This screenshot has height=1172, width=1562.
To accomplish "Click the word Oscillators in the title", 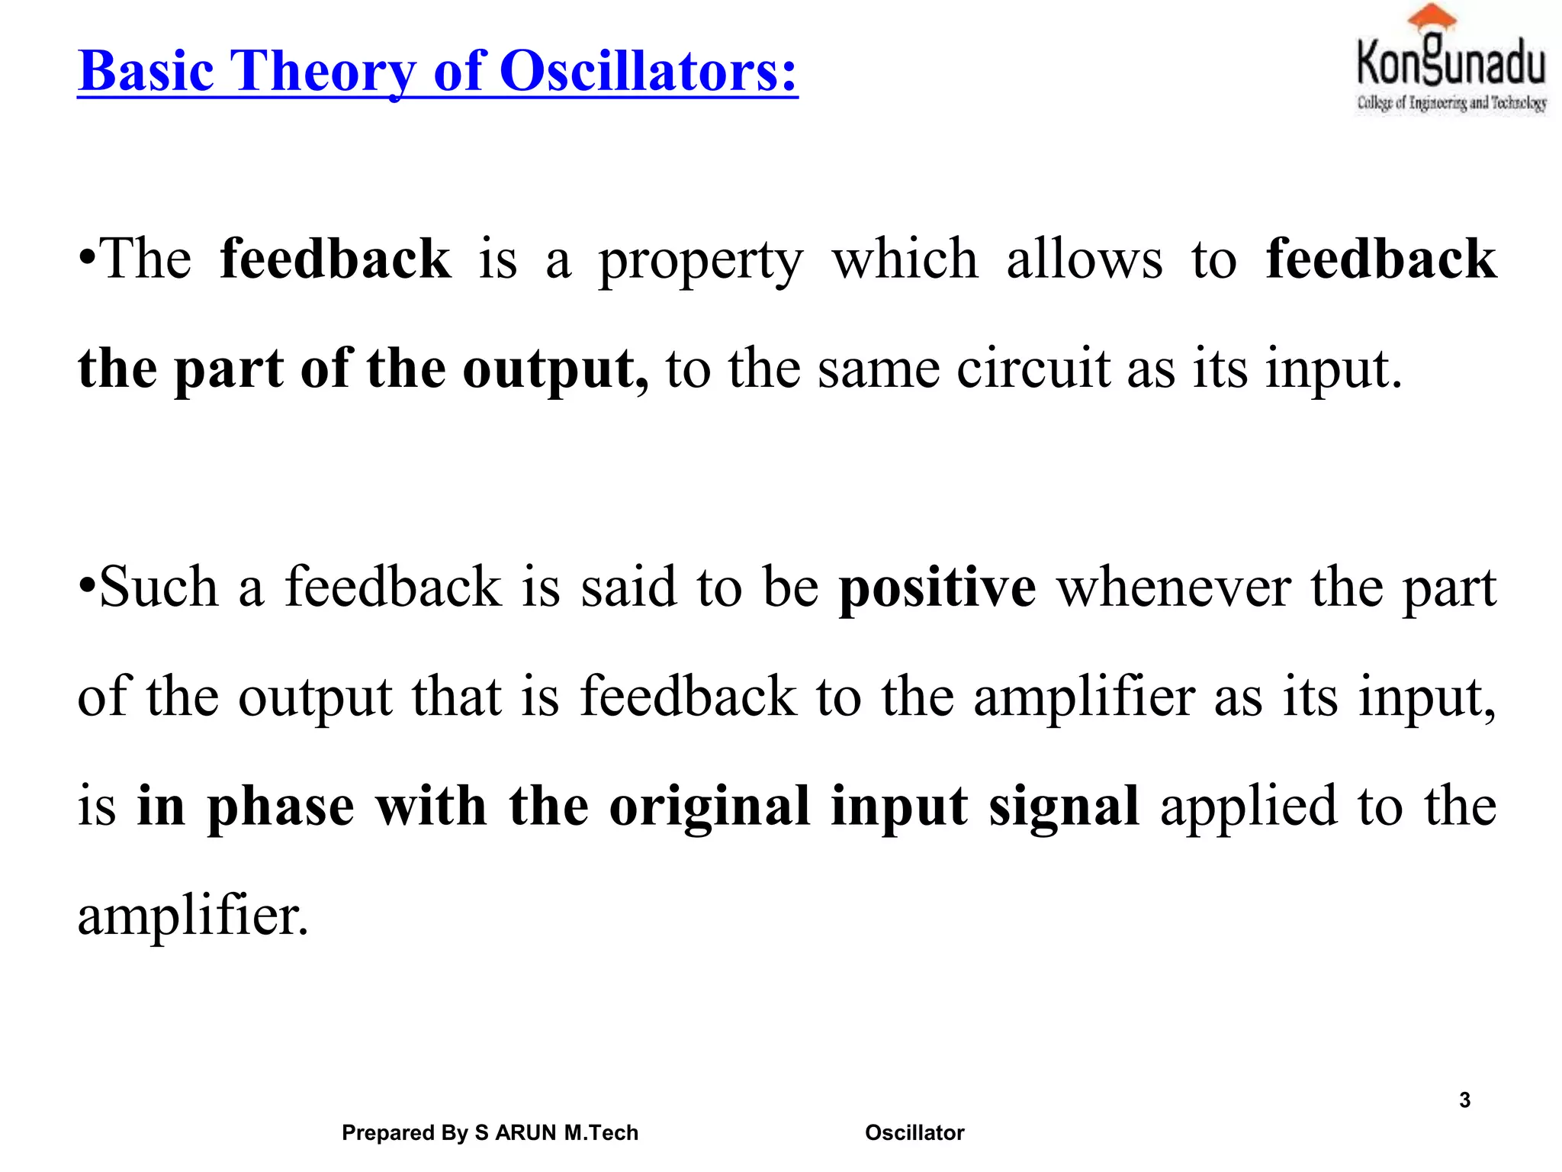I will pyautogui.click(x=648, y=71).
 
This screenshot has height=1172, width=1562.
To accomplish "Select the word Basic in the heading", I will pyautogui.click(x=146, y=71).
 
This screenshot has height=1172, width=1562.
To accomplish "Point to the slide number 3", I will pyautogui.click(x=1464, y=1100).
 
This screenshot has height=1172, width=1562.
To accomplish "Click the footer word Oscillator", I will pyautogui.click(x=914, y=1132).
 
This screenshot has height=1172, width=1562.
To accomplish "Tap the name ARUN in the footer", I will pyautogui.click(x=525, y=1132).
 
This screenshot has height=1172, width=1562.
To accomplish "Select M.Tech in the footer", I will pyautogui.click(x=601, y=1132).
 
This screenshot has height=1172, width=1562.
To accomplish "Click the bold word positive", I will pyautogui.click(x=937, y=588).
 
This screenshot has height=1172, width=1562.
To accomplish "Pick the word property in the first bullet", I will pyautogui.click(x=701, y=261).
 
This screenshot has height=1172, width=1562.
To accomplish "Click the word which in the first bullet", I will pyautogui.click(x=905, y=259).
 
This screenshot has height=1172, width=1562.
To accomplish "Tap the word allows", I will pyautogui.click(x=1085, y=259).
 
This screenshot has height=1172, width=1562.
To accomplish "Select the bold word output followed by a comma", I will pyautogui.click(x=555, y=370).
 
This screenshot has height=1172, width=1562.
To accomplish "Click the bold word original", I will pyautogui.click(x=709, y=807).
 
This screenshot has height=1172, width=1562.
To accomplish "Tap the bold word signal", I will pyautogui.click(x=1064, y=807).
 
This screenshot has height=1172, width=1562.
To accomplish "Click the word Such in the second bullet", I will pyautogui.click(x=159, y=588).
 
